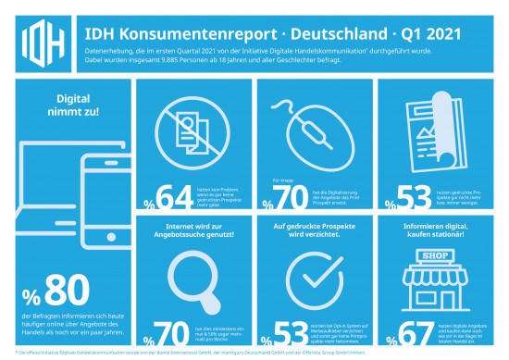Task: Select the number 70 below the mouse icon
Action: pos(291,197)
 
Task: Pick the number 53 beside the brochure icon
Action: pos(410,197)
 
